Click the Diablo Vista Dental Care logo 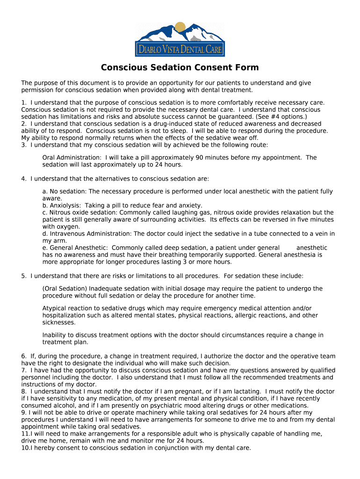pos(180,39)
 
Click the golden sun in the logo pos(180,28)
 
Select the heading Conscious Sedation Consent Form pos(180,67)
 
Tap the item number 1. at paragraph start pos(24,102)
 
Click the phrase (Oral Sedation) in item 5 pos(65,289)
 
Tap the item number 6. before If pos(24,356)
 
